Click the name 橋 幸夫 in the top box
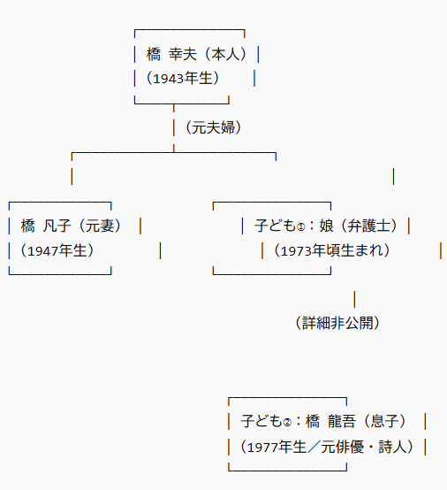[x=171, y=54]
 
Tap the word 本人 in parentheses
[x=225, y=54]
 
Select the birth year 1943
[x=168, y=79]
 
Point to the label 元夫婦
[x=213, y=127]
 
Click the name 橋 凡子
[x=46, y=226]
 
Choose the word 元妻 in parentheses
[x=100, y=226]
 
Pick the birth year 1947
[x=42, y=250]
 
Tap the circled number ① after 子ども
[x=300, y=227]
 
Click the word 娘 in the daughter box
[x=326, y=226]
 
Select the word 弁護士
[x=368, y=226]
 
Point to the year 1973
[x=296, y=250]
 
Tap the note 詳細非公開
[x=337, y=323]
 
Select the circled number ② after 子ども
[x=287, y=423]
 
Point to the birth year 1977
[x=262, y=448]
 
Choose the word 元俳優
[x=342, y=447]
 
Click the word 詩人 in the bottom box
[x=392, y=447]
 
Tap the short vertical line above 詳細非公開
[x=354, y=299]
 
